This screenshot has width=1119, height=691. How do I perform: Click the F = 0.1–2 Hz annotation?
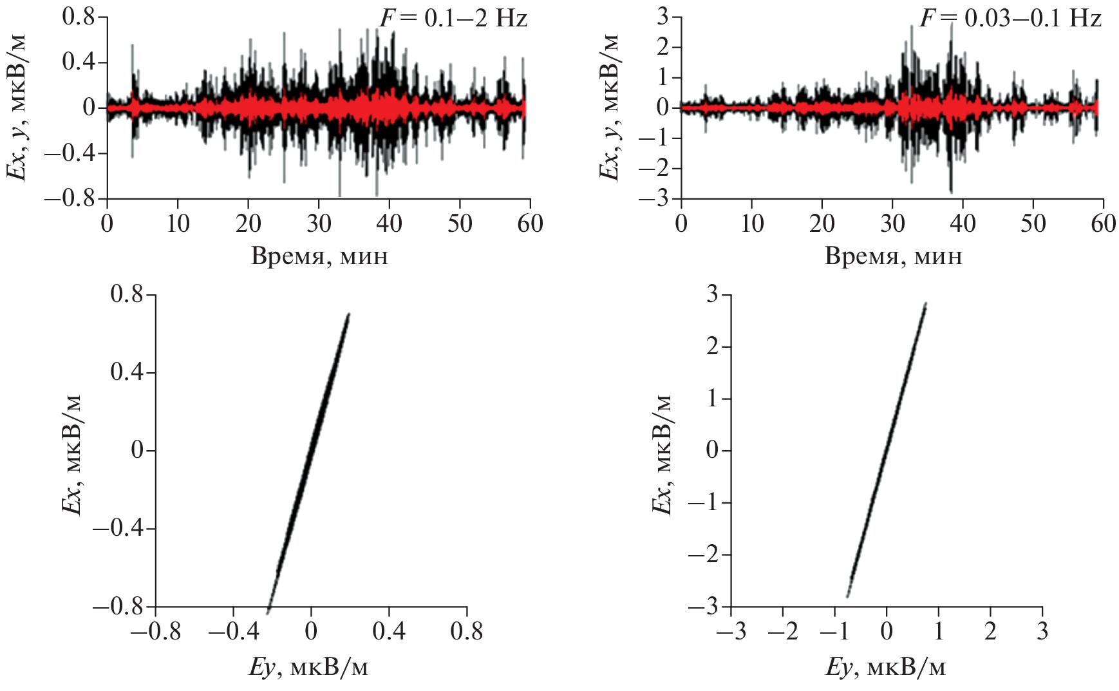tap(453, 18)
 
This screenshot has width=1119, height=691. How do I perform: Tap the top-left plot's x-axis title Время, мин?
tap(319, 256)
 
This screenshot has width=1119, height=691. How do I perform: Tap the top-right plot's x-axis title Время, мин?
tap(893, 256)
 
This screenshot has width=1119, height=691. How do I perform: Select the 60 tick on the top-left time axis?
tap(529, 223)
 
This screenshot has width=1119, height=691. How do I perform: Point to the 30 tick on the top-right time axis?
tap(892, 223)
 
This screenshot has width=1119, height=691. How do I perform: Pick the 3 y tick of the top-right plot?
tap(663, 17)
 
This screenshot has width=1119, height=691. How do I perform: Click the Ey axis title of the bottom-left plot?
tap(308, 668)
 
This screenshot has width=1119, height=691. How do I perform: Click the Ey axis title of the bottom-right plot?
tap(885, 668)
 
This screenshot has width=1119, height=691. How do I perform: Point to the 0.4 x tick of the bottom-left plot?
tap(389, 632)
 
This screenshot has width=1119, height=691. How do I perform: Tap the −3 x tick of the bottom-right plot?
tap(731, 632)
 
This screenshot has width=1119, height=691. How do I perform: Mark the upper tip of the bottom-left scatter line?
tap(348, 314)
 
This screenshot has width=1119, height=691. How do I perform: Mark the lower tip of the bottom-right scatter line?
tap(848, 596)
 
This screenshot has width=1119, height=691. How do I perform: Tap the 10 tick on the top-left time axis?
tap(178, 223)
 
